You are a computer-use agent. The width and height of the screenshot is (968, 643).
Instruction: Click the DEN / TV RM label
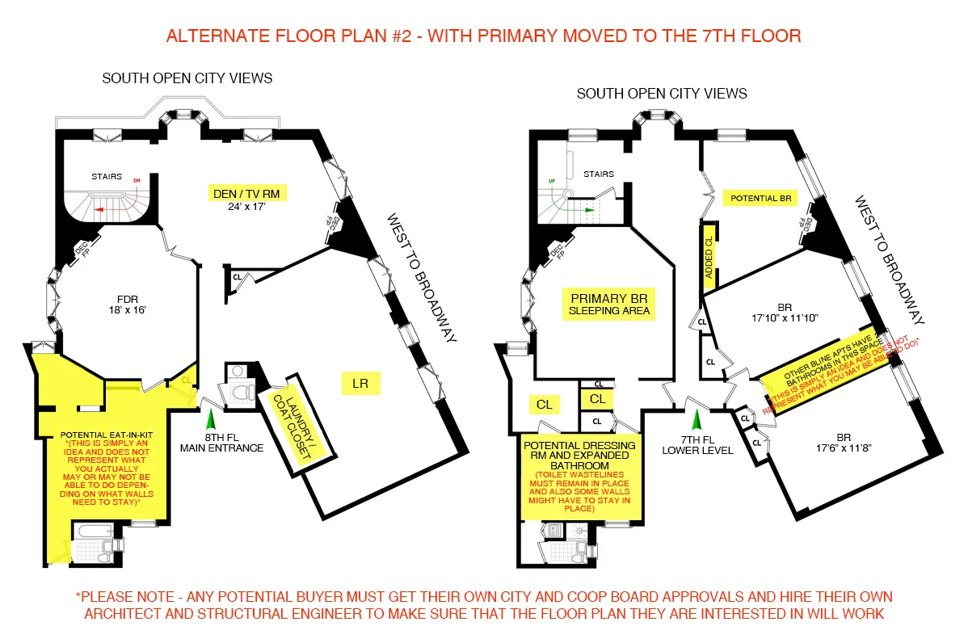click(245, 194)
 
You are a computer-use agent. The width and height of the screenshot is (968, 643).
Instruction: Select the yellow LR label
click(360, 384)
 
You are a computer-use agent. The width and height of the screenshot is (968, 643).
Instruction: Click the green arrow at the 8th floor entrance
click(212, 419)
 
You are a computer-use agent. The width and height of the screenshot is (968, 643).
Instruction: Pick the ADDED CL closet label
click(709, 258)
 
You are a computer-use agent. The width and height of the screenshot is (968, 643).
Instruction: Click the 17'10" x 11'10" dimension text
click(785, 317)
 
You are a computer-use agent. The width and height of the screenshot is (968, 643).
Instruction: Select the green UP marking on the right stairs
click(553, 181)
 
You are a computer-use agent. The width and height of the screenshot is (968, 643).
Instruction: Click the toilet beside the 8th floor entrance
click(241, 393)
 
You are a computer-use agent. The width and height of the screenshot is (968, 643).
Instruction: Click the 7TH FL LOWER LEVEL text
click(697, 445)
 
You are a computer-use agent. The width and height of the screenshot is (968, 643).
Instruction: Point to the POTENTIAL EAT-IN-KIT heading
click(103, 433)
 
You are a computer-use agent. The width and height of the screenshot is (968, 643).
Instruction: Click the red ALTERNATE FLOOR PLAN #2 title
click(483, 36)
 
